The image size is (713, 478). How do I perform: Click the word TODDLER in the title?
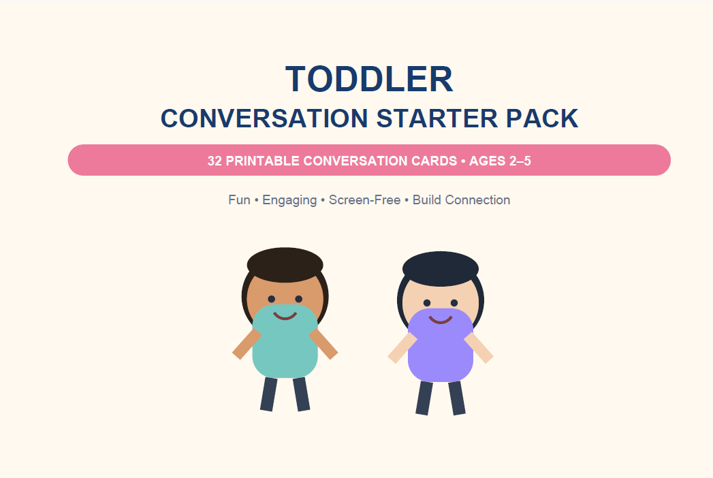pyautogui.click(x=369, y=79)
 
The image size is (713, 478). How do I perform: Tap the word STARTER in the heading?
pyautogui.click(x=437, y=118)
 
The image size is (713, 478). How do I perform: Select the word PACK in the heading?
pyautogui.click(x=542, y=118)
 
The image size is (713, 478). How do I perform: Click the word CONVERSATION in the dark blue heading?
pyautogui.click(x=264, y=118)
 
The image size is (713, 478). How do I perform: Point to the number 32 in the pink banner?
pyautogui.click(x=215, y=161)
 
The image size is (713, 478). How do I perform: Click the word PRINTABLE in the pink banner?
pyautogui.click(x=262, y=161)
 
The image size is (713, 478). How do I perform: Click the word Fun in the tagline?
pyautogui.click(x=239, y=200)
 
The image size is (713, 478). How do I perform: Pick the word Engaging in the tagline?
pyautogui.click(x=289, y=201)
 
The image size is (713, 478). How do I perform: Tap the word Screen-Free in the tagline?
pyautogui.click(x=365, y=200)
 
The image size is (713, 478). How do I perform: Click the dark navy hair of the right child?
pyautogui.click(x=441, y=268)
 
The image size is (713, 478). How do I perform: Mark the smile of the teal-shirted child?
pyautogui.click(x=285, y=316)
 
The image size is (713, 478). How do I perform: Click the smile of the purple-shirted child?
pyautogui.click(x=441, y=320)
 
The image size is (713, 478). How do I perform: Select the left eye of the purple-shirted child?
pyautogui.click(x=427, y=303)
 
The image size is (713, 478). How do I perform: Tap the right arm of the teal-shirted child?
pyautogui.click(x=323, y=345)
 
